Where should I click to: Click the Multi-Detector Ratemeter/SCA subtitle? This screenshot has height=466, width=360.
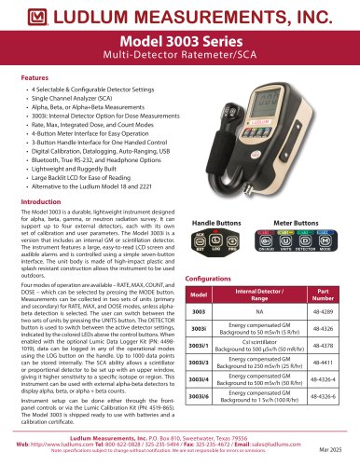179,61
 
